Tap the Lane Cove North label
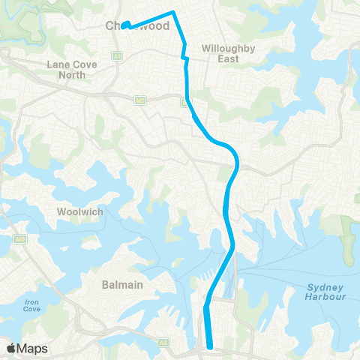[x=72, y=70]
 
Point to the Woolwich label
[x=77, y=211]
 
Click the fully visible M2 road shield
[x=139, y=100]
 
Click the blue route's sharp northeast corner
[x=174, y=12]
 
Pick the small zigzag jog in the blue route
[x=184, y=53]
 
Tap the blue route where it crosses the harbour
[x=221, y=274]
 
